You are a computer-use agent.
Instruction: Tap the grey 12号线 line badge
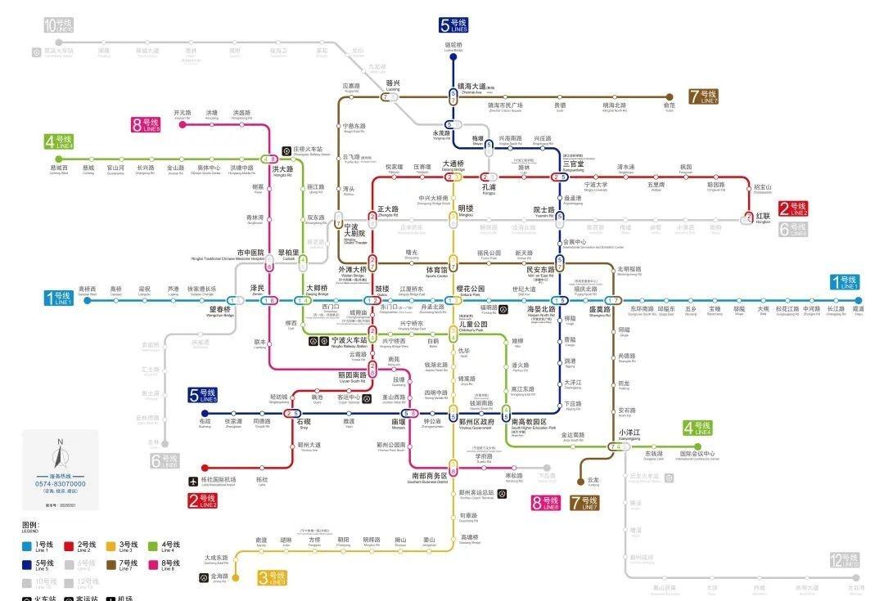[x=844, y=560]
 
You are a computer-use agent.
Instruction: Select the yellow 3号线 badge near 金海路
[x=272, y=578]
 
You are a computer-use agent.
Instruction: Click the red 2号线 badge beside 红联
[x=793, y=209]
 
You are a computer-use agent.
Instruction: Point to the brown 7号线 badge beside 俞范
[x=703, y=96]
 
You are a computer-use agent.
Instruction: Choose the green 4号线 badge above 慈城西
[x=59, y=142]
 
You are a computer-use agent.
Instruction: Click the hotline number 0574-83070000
[x=61, y=483]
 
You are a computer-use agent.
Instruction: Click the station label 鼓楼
[x=382, y=289]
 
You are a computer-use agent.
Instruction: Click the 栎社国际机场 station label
[x=218, y=480]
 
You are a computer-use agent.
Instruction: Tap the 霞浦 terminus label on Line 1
[x=858, y=309]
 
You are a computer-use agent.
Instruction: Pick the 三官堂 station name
[x=573, y=164]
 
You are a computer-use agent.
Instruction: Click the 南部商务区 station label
[x=430, y=475]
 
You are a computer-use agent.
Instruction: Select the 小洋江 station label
[x=629, y=433]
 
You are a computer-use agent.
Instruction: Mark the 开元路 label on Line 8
[x=182, y=113]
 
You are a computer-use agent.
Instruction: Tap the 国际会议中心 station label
[x=697, y=454]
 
